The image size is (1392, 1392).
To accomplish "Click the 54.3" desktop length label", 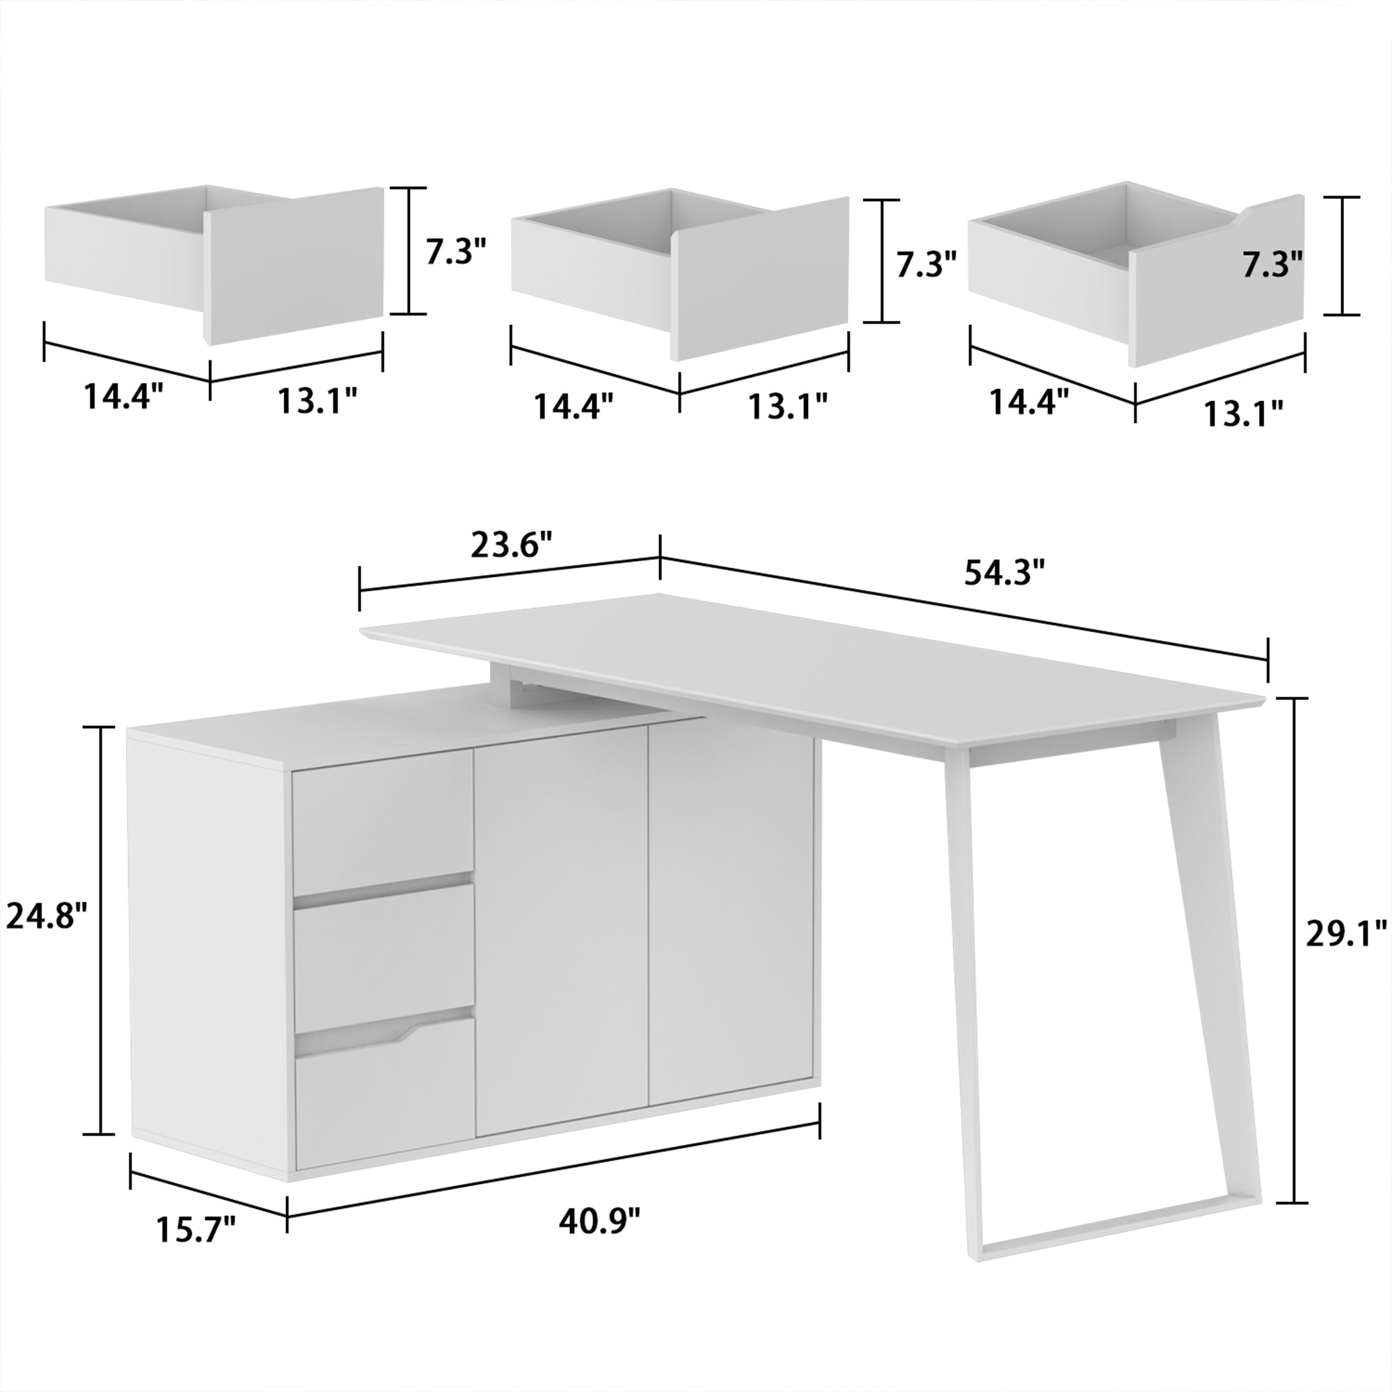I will point(1004,574).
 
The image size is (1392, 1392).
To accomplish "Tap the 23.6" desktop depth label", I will point(512,546).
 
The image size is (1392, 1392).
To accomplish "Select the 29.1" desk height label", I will point(1345,935).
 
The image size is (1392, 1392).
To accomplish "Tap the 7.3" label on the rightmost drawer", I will point(1272,265).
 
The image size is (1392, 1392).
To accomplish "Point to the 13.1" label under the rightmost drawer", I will point(1244,414).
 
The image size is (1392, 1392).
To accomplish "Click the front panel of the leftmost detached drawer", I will point(295,265).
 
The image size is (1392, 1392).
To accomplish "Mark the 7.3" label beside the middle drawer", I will point(926,265).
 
